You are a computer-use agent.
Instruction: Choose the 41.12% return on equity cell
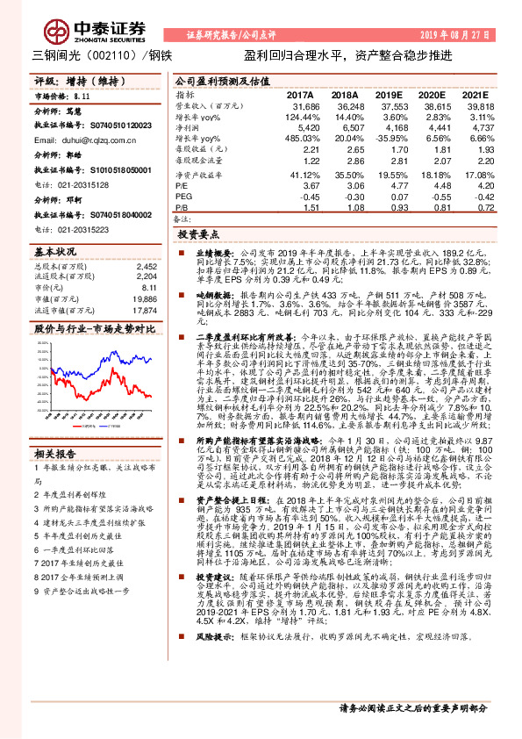click(x=297, y=176)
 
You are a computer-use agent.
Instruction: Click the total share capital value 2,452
click(x=146, y=266)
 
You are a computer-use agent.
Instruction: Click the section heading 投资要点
click(x=197, y=236)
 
